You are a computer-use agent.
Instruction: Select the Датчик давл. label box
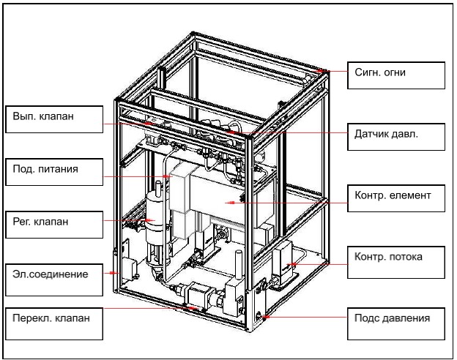(396, 135)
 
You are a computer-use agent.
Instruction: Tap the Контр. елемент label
(396, 196)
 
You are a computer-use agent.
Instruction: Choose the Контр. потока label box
(396, 257)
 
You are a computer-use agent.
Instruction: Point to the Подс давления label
(396, 318)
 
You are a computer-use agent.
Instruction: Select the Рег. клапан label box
(54, 221)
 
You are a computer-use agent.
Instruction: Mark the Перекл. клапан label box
(54, 320)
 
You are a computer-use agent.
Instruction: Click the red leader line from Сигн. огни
(336, 72)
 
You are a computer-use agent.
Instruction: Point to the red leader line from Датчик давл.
(315, 133)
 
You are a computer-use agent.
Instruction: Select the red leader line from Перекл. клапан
(146, 310)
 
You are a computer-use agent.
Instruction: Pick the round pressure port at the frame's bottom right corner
(260, 317)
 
